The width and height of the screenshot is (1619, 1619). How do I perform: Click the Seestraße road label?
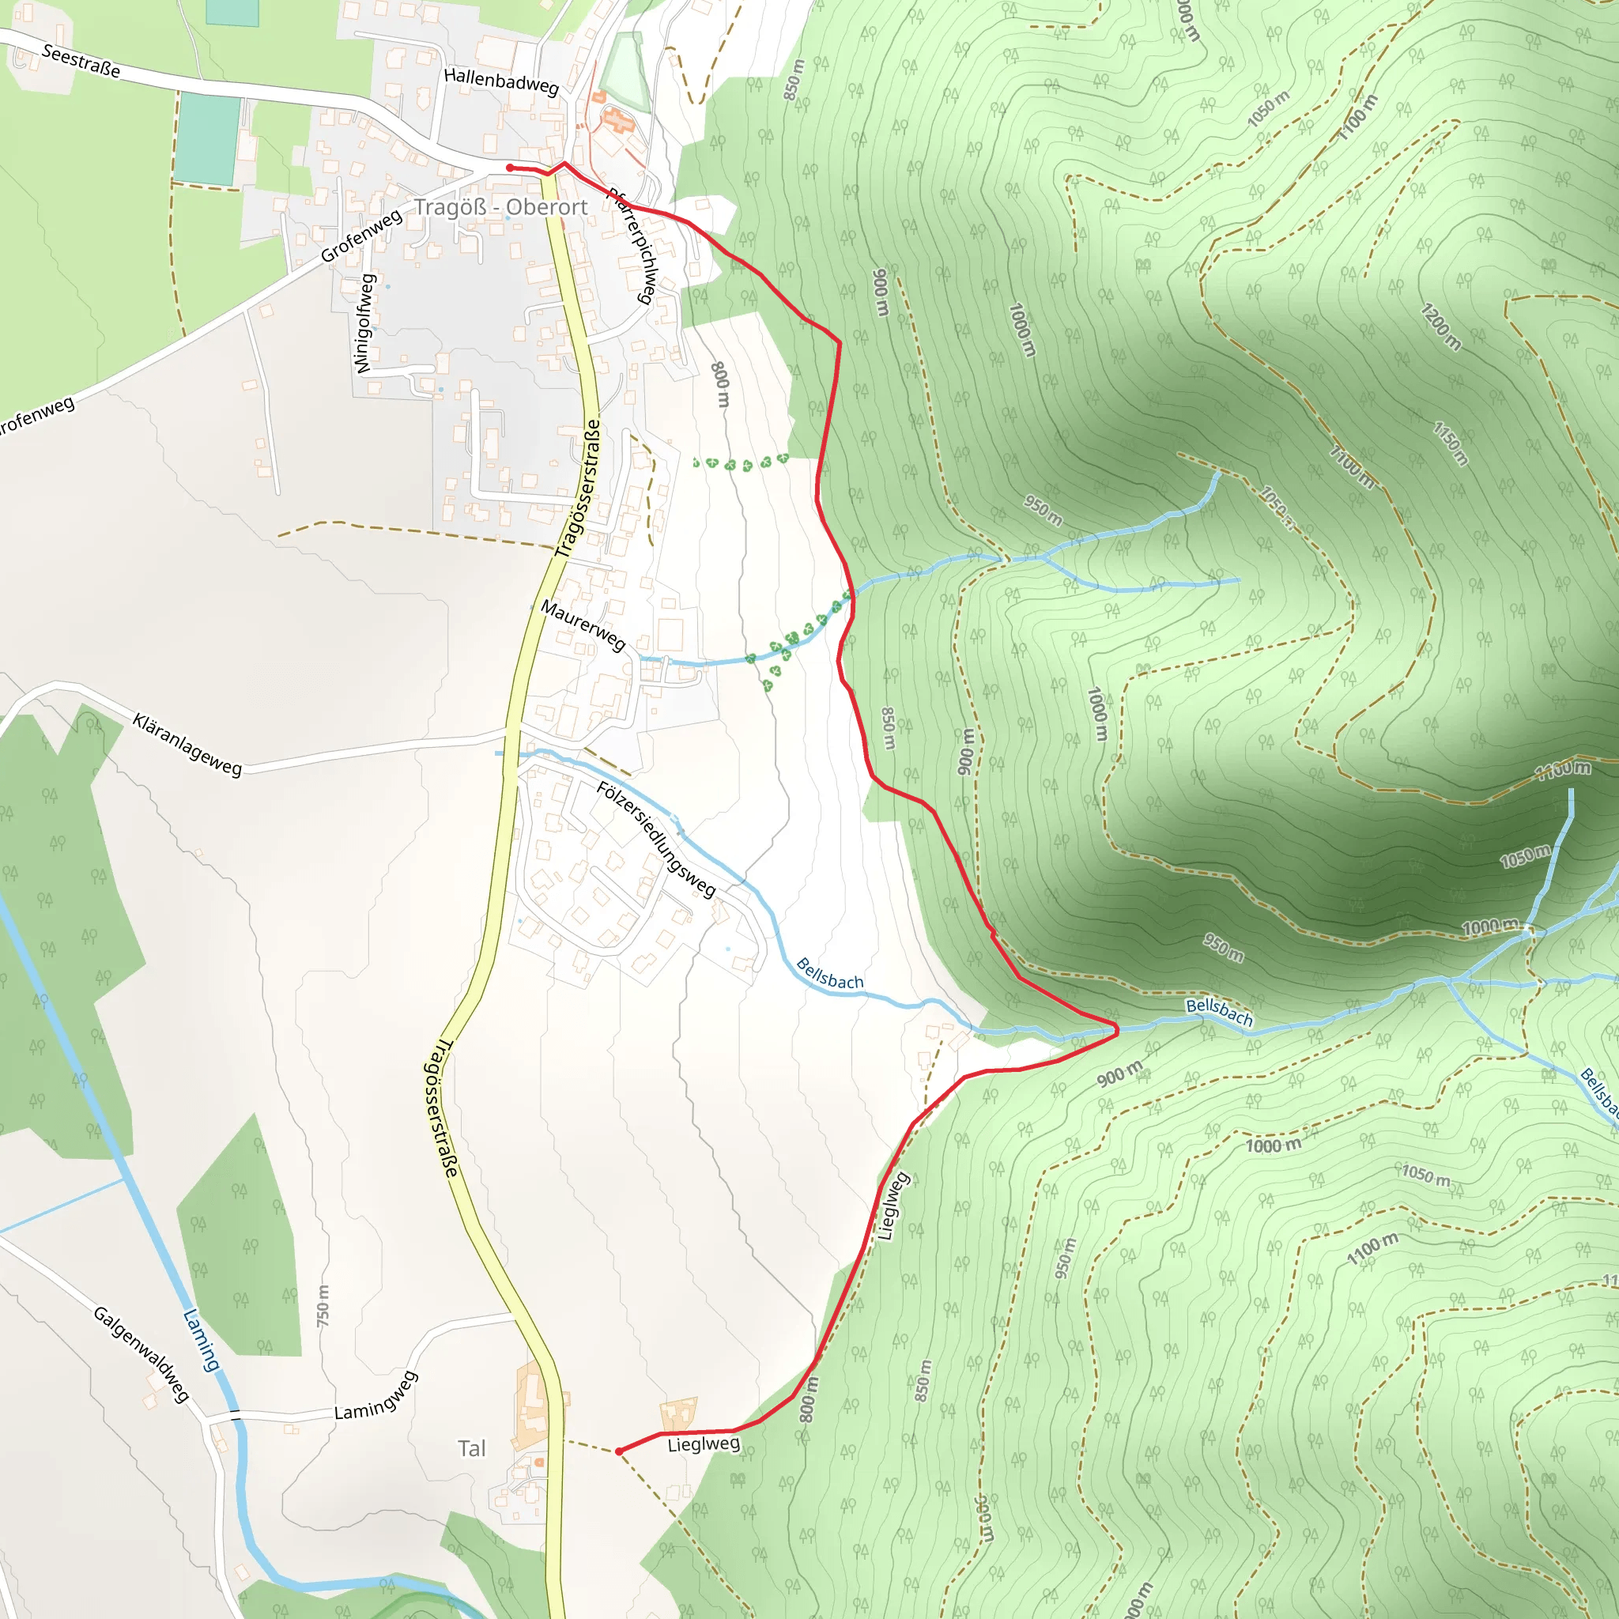(81, 61)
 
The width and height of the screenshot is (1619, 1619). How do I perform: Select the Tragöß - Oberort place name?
(500, 207)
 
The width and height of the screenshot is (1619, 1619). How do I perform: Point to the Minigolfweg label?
(364, 323)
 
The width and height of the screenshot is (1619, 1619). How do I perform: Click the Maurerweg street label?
(583, 625)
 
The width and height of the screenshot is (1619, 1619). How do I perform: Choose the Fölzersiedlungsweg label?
(656, 839)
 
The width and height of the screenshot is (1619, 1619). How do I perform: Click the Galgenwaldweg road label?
(142, 1354)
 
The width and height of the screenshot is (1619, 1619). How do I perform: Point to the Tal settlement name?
(472, 1448)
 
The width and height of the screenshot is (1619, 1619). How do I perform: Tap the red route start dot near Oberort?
(510, 168)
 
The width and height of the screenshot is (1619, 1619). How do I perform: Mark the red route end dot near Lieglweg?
(618, 1451)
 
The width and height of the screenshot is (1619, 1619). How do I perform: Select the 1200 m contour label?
(1440, 326)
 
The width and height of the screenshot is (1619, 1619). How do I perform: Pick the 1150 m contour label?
(1451, 443)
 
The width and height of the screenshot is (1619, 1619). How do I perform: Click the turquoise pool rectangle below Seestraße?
(208, 139)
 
